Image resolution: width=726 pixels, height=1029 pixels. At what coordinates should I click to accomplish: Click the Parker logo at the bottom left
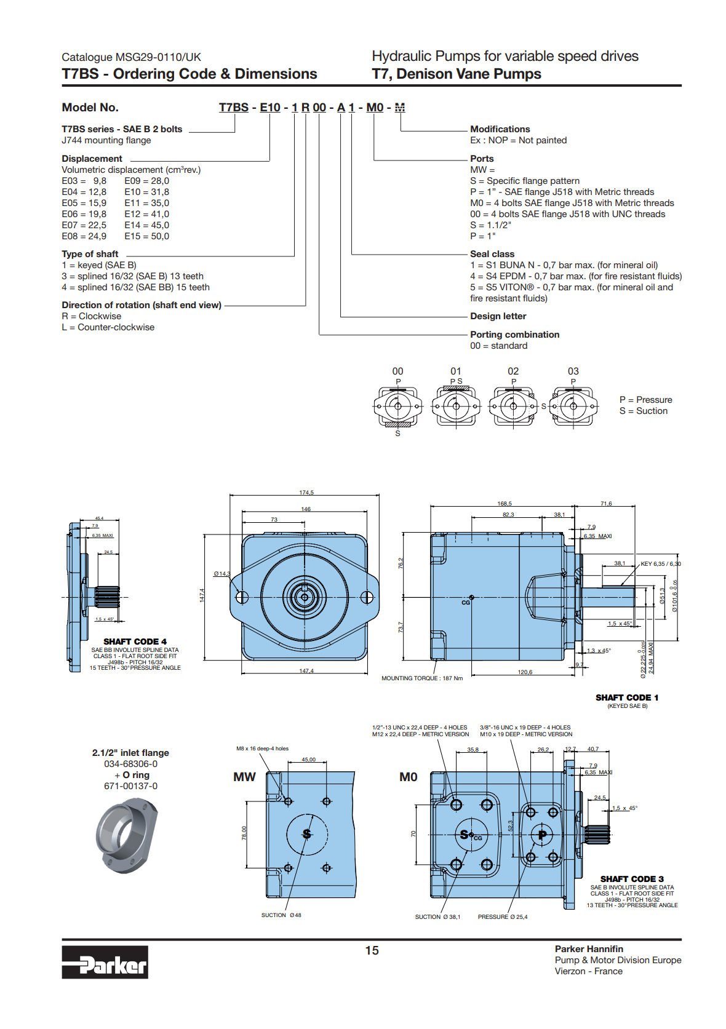click(x=105, y=962)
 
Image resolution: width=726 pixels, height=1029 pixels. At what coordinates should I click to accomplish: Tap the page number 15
click(x=372, y=950)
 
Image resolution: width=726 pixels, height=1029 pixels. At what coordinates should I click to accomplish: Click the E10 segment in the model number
click(x=270, y=108)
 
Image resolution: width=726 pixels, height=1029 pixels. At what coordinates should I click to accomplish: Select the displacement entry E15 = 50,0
click(x=146, y=236)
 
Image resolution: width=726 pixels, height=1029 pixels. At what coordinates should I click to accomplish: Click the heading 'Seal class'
click(x=492, y=254)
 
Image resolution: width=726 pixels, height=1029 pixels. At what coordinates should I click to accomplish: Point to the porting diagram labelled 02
click(x=513, y=406)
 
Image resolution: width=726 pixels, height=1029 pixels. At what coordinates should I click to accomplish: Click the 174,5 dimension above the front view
click(x=306, y=493)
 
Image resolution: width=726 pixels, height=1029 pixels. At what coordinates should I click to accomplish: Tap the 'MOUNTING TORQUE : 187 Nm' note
click(x=422, y=678)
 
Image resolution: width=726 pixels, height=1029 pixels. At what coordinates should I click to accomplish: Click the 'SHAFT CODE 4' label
click(x=135, y=642)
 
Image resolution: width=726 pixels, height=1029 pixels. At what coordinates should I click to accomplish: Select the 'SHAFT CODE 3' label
click(x=632, y=879)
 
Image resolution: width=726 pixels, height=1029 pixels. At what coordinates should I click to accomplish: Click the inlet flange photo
click(x=127, y=835)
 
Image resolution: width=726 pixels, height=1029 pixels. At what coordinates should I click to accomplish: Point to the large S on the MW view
click(x=306, y=834)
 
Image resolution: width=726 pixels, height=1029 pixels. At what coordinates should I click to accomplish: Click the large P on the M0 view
click(x=542, y=835)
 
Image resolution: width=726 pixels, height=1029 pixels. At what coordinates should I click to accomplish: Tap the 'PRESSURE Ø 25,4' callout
click(x=502, y=917)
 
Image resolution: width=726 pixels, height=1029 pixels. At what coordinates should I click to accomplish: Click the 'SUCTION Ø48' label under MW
click(x=281, y=915)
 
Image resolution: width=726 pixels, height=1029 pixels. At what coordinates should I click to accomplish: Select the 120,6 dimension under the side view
click(x=525, y=672)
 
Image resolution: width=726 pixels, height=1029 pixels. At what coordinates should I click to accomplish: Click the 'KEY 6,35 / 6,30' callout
click(x=660, y=564)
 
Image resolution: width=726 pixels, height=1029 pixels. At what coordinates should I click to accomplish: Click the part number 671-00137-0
click(x=130, y=786)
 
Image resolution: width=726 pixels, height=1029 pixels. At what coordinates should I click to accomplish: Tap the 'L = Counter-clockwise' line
click(x=108, y=327)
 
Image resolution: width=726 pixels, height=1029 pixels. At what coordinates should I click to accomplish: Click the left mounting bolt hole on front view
click(x=242, y=597)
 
